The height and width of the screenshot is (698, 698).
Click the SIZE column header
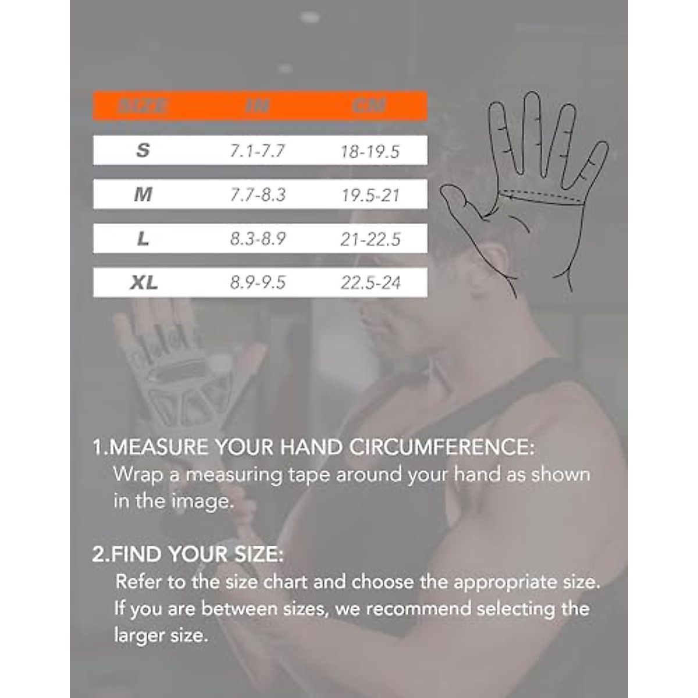(143, 106)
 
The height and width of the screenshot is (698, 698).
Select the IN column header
(257, 106)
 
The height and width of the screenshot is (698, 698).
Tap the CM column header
(369, 106)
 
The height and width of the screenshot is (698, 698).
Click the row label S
(143, 151)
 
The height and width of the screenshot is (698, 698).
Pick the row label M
(143, 194)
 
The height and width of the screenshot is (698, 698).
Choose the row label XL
(144, 283)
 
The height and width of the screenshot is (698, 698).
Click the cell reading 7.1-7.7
(257, 151)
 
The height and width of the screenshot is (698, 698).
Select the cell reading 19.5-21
(371, 195)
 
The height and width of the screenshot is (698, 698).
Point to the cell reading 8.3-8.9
(258, 239)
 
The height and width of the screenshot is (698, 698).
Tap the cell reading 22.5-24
(371, 283)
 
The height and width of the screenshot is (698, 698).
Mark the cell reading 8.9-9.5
(258, 283)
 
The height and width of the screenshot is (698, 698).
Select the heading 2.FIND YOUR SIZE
(187, 554)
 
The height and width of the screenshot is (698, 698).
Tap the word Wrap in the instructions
(138, 475)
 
